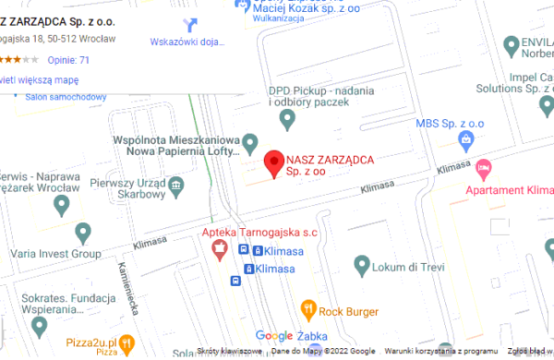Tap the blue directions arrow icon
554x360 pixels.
191,25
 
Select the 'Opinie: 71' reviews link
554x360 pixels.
68,60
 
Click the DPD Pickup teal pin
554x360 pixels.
287,117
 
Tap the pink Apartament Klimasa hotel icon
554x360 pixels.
485,168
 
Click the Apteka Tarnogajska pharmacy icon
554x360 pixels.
220,247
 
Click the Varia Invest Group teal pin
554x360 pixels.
84,231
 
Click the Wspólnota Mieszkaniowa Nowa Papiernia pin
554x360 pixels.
248,144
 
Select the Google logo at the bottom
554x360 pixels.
273,335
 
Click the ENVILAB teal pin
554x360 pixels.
511,43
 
